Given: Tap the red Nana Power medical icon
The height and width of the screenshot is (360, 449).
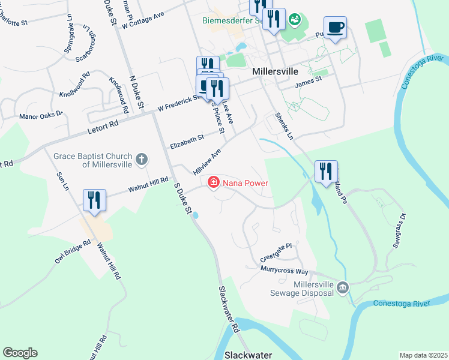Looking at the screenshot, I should tap(213, 182).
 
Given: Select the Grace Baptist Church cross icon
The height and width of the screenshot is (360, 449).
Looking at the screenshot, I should tap(142, 159).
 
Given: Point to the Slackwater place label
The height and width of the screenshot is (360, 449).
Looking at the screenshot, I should tap(249, 355).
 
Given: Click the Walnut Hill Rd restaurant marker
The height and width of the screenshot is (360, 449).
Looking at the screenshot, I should tap(95, 200).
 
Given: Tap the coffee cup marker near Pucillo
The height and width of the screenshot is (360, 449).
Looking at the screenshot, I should tap(335, 27).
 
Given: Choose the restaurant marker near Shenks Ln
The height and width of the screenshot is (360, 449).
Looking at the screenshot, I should tap(326, 172).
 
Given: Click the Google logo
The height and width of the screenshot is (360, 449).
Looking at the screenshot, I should tap(20, 353).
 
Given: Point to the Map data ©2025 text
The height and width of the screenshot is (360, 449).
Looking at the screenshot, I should tap(423, 355).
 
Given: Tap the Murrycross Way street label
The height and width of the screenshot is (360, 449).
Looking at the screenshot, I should tap(285, 271).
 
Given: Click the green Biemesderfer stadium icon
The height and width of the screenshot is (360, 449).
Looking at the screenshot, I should tap(295, 20).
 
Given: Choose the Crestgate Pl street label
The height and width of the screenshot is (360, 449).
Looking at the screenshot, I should tap(276, 253).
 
